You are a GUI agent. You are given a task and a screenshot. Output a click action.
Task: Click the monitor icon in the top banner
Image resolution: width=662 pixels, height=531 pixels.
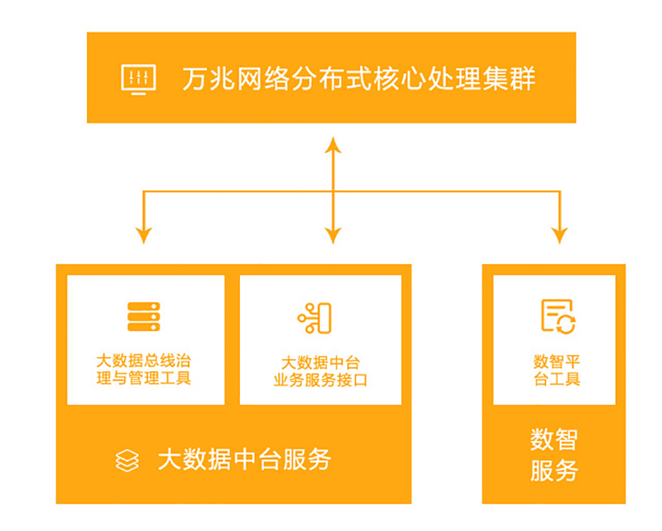(x=139, y=79)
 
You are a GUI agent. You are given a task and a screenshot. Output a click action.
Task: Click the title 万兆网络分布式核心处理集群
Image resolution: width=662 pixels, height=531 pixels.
(x=359, y=79)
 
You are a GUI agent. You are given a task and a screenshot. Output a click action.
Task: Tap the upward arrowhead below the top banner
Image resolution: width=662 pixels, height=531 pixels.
(x=333, y=145)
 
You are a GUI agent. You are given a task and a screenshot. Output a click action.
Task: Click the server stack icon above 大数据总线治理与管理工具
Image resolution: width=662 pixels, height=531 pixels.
(x=144, y=317)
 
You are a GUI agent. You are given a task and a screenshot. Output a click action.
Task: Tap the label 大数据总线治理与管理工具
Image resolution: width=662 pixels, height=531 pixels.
(x=144, y=370)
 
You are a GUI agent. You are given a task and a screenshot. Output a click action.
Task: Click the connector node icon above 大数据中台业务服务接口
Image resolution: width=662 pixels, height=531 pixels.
(x=315, y=319)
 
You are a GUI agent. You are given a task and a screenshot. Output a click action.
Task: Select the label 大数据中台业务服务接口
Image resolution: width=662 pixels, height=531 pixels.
(x=321, y=372)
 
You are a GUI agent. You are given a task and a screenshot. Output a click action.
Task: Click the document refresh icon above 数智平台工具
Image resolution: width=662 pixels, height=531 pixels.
(x=559, y=317)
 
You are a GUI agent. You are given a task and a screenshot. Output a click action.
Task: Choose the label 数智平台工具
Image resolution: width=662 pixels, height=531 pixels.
(x=557, y=370)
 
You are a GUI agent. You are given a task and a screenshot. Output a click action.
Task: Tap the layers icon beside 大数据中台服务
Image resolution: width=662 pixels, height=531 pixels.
(x=127, y=460)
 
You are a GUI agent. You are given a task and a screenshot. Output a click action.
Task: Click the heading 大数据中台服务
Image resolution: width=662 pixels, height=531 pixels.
(x=244, y=459)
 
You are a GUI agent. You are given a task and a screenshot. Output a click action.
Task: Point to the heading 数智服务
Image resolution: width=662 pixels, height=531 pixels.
(x=554, y=454)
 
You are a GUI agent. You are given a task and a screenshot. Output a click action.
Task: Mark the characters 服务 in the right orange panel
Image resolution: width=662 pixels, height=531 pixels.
(x=554, y=470)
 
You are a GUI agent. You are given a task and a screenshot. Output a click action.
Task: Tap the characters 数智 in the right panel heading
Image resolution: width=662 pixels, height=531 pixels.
(x=554, y=439)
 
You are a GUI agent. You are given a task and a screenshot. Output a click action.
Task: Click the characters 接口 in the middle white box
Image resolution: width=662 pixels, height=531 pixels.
(x=352, y=380)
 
